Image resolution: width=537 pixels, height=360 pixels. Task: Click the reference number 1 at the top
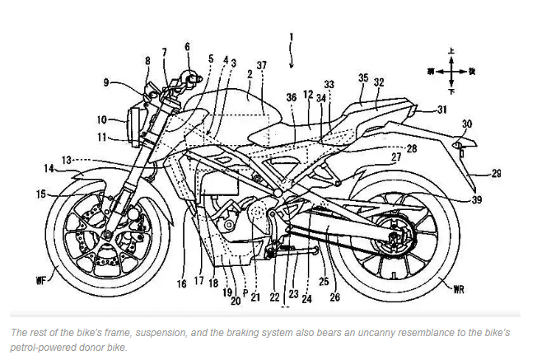pyautogui.click(x=290, y=36)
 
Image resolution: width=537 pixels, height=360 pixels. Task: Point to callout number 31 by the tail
pyautogui.click(x=441, y=110)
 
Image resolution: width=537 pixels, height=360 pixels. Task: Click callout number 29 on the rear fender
pyautogui.click(x=497, y=173)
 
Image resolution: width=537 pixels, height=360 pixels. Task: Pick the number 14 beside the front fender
pyautogui.click(x=187, y=47)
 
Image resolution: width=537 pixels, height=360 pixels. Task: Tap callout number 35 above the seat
pyautogui.click(x=362, y=78)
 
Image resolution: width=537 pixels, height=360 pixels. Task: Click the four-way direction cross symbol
pyautogui.click(x=450, y=72)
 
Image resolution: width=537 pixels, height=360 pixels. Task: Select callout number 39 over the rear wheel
pyautogui.click(x=478, y=200)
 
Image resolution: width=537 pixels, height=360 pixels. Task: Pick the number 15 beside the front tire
pyautogui.click(x=40, y=194)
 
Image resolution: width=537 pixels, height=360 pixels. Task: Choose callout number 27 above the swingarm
pyautogui.click(x=395, y=157)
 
